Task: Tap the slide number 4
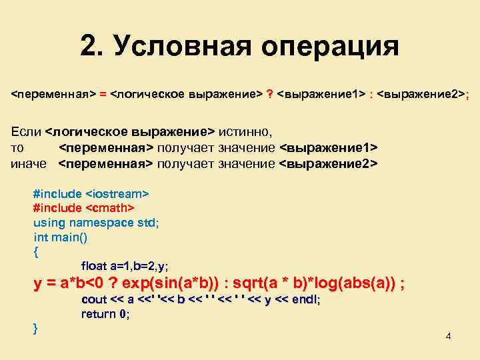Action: point(449,335)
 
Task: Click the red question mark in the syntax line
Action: point(269,95)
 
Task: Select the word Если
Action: point(25,131)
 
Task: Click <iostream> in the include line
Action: point(117,193)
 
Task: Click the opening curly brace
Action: point(36,252)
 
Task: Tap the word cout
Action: point(93,300)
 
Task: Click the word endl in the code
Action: point(305,300)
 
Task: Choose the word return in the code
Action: point(98,314)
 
